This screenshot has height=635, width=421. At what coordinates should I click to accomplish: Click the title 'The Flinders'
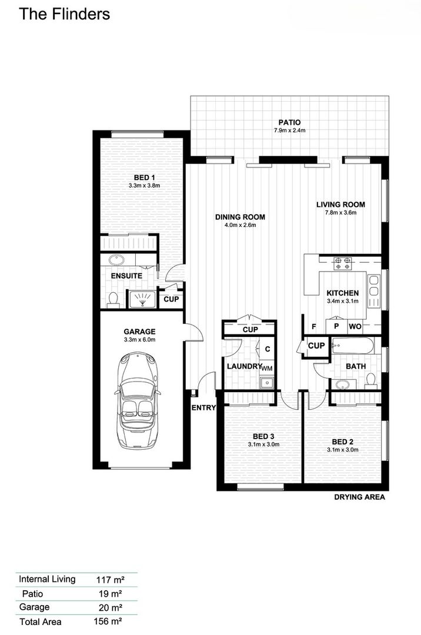coord(64,14)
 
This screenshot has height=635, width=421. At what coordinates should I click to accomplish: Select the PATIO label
coord(289,122)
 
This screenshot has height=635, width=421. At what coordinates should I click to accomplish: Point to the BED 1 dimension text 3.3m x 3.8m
coord(144,185)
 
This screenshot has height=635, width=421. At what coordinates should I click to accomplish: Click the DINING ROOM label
coord(240,216)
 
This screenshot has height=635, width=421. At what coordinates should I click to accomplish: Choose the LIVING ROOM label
coord(340,205)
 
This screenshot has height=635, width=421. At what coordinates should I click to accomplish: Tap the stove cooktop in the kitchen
coord(343,263)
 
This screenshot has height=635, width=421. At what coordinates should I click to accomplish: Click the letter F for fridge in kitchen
coord(314,326)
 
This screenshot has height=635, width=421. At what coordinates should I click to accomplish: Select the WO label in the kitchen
coord(355,326)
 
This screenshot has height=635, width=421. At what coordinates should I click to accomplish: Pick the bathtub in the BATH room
coord(352,345)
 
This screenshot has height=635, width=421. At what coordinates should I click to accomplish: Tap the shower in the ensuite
coord(142,299)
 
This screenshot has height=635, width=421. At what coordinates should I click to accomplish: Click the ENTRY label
coord(203,407)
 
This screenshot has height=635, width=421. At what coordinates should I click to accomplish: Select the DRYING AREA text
coord(359,497)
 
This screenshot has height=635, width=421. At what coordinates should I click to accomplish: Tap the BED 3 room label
coord(263,436)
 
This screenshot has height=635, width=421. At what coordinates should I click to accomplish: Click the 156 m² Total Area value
coord(108,621)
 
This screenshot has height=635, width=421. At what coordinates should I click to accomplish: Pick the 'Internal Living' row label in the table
coord(47,579)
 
